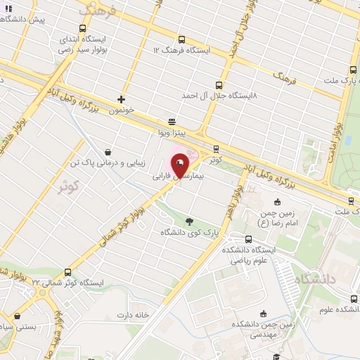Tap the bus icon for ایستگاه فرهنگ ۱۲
tap(182, 40)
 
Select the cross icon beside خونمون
tap(122, 100)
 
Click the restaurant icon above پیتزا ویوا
tap(172, 122)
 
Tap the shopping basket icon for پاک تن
tap(107, 151)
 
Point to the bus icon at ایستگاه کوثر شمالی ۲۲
tap(68, 272)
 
